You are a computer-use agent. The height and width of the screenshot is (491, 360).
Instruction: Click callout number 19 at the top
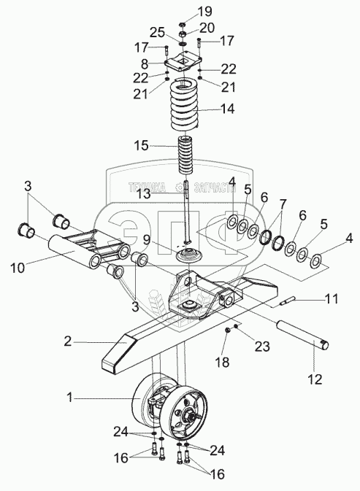(x=204, y=12)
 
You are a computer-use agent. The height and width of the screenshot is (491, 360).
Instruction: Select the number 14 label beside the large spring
(x=227, y=109)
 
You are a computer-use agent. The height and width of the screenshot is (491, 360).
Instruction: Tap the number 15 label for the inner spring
(x=142, y=146)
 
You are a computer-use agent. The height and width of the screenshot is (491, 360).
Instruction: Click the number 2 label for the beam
(x=68, y=341)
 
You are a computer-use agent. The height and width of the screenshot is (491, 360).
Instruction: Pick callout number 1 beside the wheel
(x=69, y=398)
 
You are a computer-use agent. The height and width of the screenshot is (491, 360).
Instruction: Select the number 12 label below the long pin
(x=315, y=379)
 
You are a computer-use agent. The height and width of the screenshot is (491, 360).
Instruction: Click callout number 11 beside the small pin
(x=331, y=298)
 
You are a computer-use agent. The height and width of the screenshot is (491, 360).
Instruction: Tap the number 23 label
(x=262, y=347)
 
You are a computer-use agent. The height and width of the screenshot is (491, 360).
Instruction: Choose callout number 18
(x=222, y=363)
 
